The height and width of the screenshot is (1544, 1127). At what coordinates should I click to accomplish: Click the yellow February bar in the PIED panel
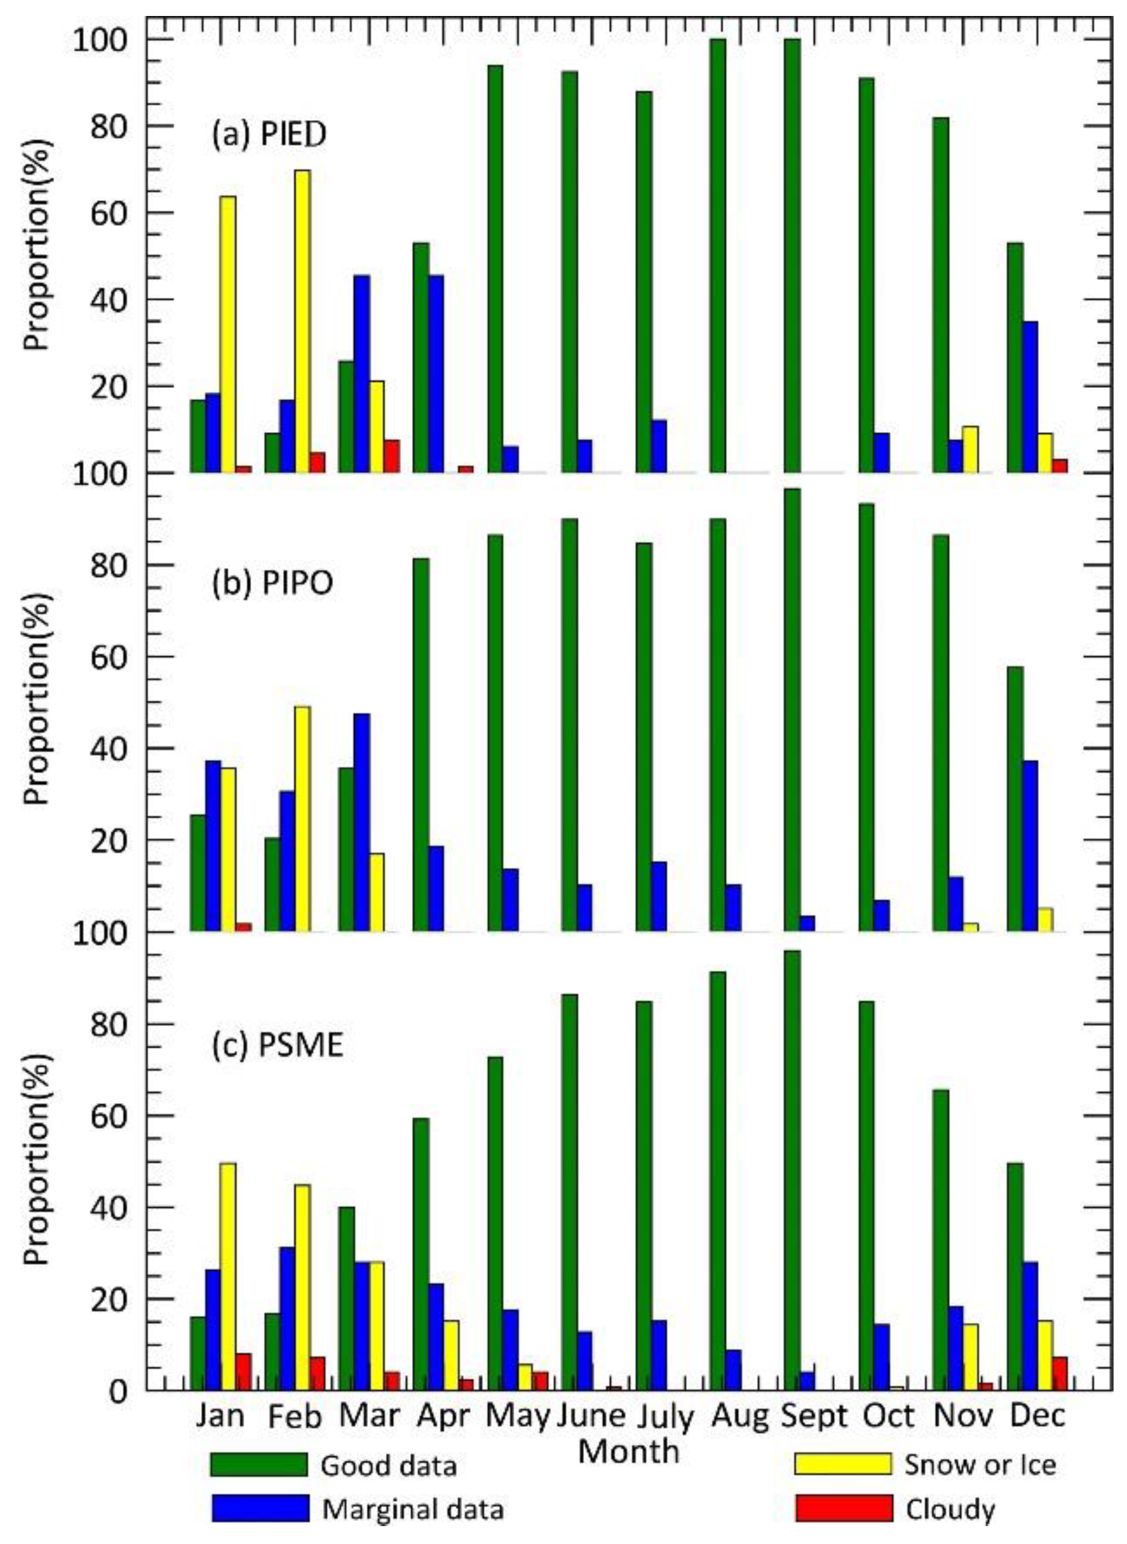(x=302, y=321)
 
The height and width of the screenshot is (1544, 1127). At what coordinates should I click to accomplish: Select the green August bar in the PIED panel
(x=717, y=256)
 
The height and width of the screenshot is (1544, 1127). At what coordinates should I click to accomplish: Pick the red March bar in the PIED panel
(x=392, y=456)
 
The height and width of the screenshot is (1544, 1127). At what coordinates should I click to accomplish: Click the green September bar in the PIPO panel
(x=792, y=709)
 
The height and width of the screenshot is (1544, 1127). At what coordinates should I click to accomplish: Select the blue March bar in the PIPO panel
(x=362, y=822)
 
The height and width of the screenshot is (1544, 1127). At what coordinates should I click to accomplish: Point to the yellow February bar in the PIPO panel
(x=302, y=819)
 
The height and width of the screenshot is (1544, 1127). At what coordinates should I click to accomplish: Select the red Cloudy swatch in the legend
(x=843, y=1508)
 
